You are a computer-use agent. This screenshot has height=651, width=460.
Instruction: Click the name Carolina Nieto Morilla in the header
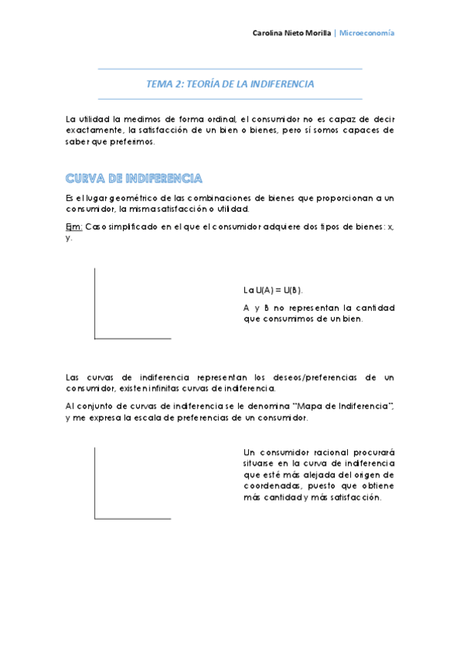coord(292,34)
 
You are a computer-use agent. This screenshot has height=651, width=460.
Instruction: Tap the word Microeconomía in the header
coord(367,34)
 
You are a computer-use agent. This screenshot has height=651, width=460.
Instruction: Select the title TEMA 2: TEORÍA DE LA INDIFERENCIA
coord(230,84)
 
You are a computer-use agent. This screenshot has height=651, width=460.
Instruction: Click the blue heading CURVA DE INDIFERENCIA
coord(134,178)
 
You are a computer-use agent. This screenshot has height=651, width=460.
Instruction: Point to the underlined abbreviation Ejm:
coord(74,227)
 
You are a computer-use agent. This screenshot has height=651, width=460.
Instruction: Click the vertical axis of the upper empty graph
coord(94,303)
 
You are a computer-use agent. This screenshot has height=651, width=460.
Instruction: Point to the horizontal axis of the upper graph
coord(132,338)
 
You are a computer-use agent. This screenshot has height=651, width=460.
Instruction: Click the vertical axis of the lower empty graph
coord(94,482)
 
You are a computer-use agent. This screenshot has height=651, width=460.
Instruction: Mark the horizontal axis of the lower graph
coord(132,518)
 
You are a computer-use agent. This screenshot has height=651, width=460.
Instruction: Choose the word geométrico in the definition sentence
coord(127,198)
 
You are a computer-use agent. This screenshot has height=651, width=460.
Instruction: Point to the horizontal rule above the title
coord(230,69)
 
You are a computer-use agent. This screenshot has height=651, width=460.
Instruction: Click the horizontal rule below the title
coord(230,98)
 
